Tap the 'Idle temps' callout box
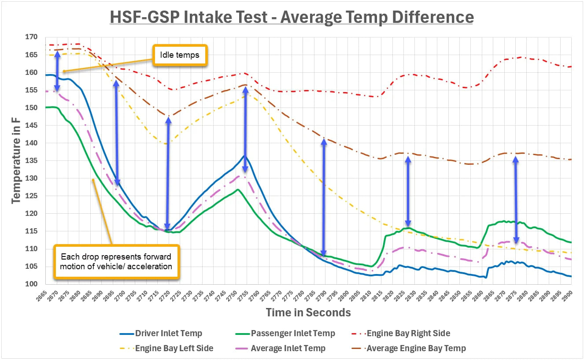point(180,56)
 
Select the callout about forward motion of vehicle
point(116,261)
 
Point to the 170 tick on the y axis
point(31,37)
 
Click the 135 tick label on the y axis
point(31,161)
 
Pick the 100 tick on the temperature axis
point(31,284)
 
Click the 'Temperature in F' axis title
point(16,161)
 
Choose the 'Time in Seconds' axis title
point(308,313)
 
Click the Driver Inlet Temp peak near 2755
point(244,156)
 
